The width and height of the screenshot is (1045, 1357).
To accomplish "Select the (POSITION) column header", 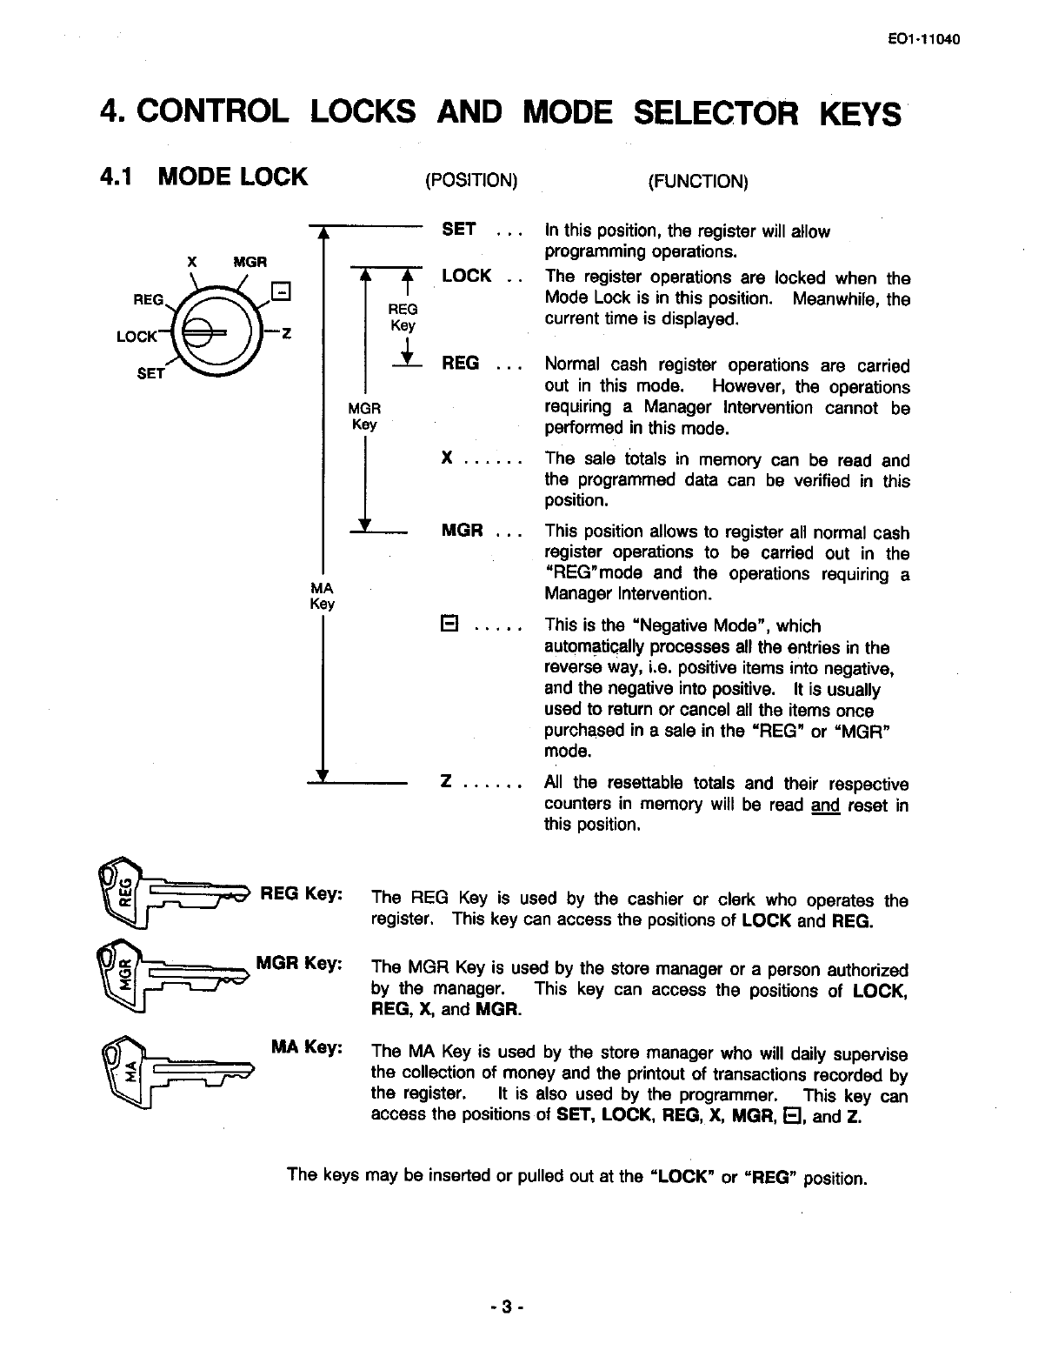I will [x=470, y=181].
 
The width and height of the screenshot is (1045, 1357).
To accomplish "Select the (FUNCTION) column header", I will [x=697, y=181].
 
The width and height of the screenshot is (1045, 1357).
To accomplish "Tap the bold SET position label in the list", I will [x=459, y=230].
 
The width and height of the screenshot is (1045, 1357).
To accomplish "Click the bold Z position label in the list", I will [x=446, y=782].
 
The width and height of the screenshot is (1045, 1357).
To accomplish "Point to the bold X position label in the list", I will [x=447, y=458].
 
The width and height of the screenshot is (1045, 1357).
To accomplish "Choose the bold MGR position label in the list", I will [x=463, y=530].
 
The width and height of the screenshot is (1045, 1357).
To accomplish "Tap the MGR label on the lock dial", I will [x=250, y=262].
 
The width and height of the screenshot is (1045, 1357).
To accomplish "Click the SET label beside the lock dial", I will [x=151, y=374].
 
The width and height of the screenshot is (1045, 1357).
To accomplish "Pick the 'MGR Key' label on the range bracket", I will [x=364, y=417].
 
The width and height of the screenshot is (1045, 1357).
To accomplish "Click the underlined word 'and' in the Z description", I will [x=825, y=805].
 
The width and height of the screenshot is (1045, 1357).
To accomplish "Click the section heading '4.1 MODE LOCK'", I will [x=203, y=177].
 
